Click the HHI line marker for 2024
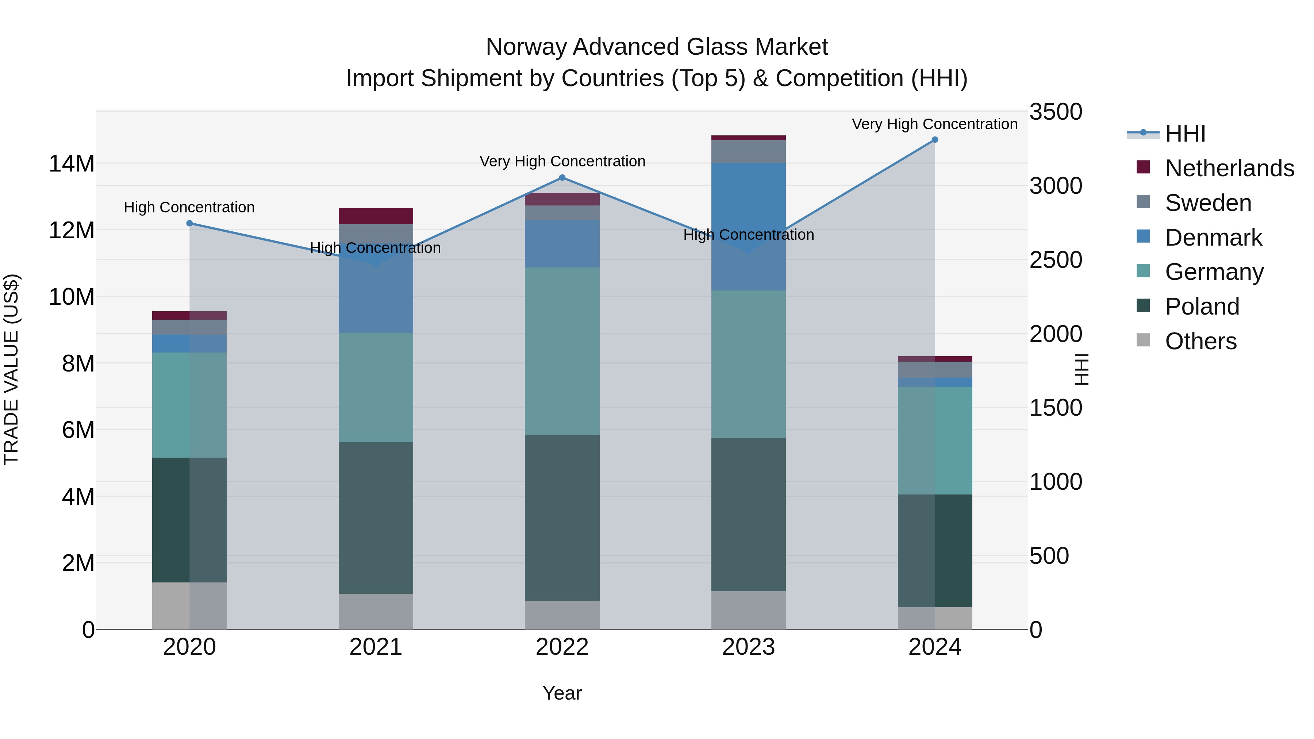tap(934, 140)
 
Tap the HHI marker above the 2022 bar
tap(562, 177)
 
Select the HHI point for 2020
tap(189, 223)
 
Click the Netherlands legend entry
tap(1229, 168)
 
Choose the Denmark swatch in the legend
tap(1144, 236)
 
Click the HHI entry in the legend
tap(1184, 134)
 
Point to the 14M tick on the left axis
tap(72, 164)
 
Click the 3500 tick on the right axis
tap(1055, 112)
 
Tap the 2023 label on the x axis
tap(748, 647)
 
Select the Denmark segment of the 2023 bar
tap(748, 227)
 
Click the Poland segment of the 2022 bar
tap(562, 517)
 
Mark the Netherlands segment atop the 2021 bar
tap(376, 216)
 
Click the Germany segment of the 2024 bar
tap(934, 440)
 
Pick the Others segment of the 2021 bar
tap(376, 612)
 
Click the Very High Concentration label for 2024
tap(934, 124)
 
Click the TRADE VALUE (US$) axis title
tap(11, 369)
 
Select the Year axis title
tap(562, 693)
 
